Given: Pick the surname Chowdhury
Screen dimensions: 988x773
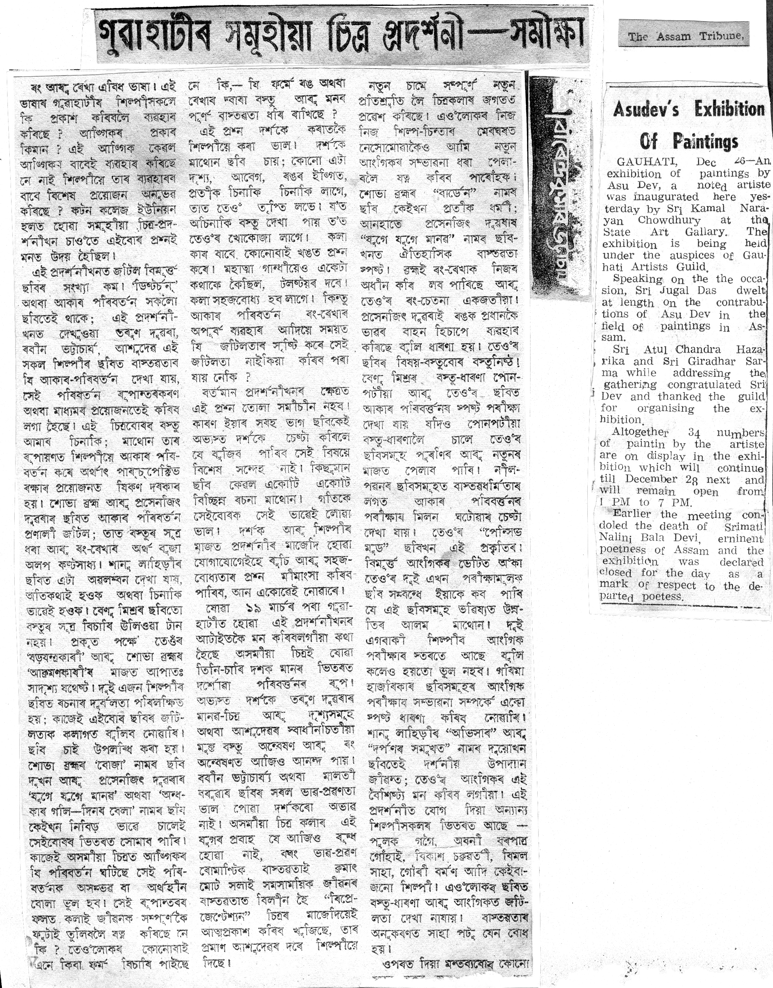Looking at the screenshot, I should point(669,220).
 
